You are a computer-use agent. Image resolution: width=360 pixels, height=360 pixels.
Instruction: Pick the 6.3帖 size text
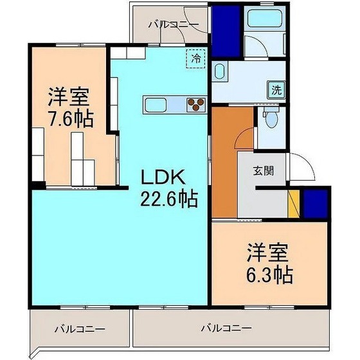[270, 275]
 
